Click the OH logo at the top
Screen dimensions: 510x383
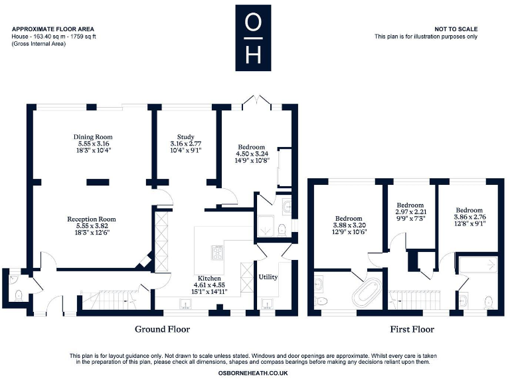(252, 38)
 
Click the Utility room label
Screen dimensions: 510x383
(268, 277)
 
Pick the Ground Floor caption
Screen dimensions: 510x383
(162, 329)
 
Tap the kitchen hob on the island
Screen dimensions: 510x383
(218, 253)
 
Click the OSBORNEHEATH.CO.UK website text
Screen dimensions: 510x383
(252, 374)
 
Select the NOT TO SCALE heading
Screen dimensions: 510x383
(456, 29)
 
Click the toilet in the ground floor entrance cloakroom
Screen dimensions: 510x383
(18, 293)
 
